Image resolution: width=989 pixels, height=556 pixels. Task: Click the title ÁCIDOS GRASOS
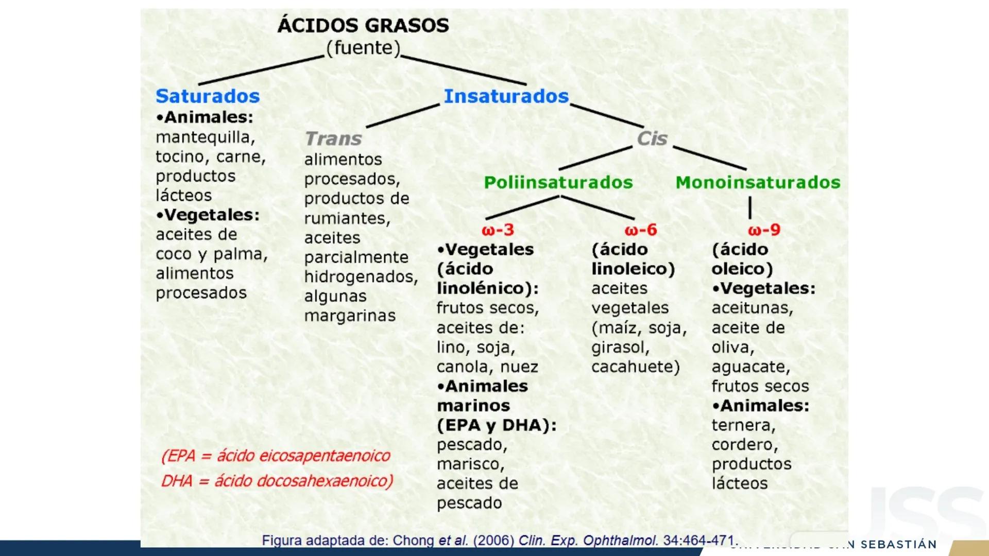[363, 25]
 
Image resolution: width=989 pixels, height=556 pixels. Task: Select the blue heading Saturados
[208, 96]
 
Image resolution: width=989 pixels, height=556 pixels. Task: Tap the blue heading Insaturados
[506, 96]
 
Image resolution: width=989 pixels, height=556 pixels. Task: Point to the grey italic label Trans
[333, 138]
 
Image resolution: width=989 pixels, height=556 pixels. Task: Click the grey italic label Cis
[652, 138]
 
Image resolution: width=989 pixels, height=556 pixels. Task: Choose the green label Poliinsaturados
[558, 182]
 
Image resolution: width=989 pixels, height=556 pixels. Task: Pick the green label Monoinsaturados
[758, 182]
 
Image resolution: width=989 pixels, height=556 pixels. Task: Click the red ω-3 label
[498, 230]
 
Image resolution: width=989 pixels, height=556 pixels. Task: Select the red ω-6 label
[640, 230]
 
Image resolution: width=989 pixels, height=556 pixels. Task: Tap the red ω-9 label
[764, 230]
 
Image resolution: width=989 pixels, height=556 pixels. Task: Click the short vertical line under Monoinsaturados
[750, 207]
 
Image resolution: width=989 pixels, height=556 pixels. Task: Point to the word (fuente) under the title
[363, 48]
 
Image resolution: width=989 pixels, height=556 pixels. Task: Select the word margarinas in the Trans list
[350, 316]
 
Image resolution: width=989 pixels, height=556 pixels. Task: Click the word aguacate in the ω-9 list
[751, 367]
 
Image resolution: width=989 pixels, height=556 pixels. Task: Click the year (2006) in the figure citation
[493, 541]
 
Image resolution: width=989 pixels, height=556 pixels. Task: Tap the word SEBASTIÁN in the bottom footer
[898, 545]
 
